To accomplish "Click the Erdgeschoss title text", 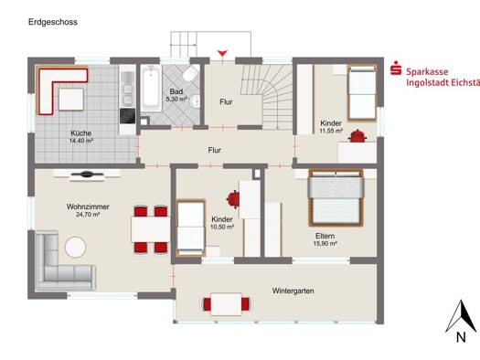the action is (53, 22).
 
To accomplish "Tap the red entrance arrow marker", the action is (222, 54).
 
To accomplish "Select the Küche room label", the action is (81, 133).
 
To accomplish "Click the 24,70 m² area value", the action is (88, 215).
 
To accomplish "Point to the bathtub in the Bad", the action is (151, 89).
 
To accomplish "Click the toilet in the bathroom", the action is (191, 73).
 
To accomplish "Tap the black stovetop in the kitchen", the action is (127, 116).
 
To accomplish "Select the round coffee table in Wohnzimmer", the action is (76, 247).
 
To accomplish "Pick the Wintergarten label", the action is (293, 291).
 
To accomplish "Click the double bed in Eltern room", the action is (336, 198).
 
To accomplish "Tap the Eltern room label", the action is (325, 236).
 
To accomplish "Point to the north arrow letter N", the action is (461, 337).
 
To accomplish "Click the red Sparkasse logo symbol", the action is (396, 68).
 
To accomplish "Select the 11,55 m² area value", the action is (331, 131).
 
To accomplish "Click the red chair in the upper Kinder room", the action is (357, 136).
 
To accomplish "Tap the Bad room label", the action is (176, 91).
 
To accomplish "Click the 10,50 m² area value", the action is (222, 227).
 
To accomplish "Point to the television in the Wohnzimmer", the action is (87, 175).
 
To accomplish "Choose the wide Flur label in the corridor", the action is (215, 150).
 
